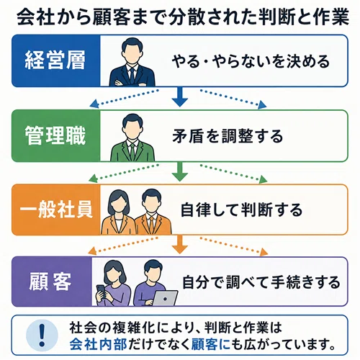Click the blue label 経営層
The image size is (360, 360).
coord(55,60)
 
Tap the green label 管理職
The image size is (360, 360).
coord(55,135)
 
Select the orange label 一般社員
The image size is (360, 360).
coord(56,210)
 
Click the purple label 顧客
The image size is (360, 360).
coord(50,282)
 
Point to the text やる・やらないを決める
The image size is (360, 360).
coord(251,61)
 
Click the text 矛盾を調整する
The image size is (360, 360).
coord(228,136)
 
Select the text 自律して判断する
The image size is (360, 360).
coord(241,210)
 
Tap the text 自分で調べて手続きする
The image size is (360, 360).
coord(261,282)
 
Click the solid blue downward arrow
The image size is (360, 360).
coord(180,96)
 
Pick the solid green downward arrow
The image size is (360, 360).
coord(180,171)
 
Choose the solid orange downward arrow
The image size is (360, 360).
coord(180,244)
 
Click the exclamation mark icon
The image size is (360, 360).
coord(42,335)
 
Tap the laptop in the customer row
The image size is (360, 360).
coord(165,298)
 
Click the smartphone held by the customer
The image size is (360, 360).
coord(102,289)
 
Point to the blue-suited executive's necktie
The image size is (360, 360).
coord(132,76)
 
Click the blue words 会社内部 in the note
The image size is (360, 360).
coord(99,345)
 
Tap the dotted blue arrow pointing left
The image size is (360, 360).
coord(124,99)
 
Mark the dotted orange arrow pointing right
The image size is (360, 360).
coord(234,246)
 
